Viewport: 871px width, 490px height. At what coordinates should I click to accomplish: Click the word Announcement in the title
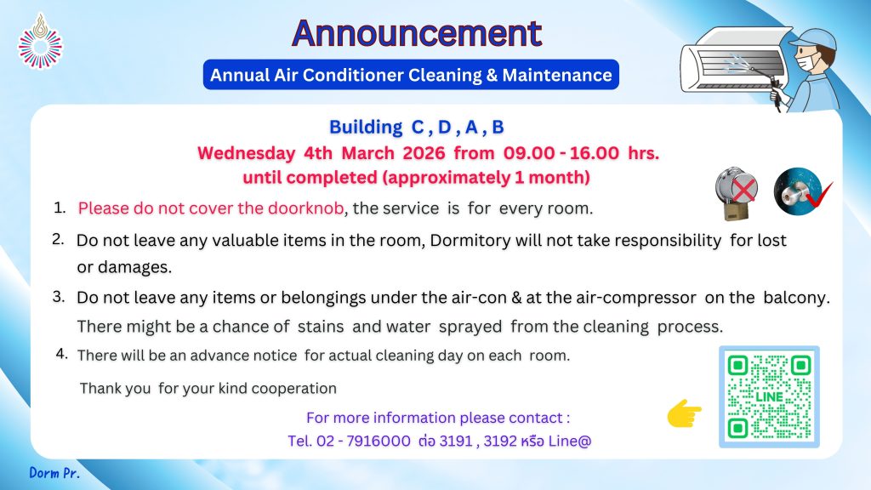[417, 33]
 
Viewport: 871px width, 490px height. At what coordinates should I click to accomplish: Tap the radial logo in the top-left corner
[40, 43]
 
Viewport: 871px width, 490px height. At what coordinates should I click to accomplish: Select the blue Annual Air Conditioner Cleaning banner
[411, 75]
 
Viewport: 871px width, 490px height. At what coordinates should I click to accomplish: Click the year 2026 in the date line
[424, 153]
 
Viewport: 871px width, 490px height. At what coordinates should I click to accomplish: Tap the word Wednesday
[246, 153]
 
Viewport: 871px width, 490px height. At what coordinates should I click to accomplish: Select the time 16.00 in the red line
[594, 153]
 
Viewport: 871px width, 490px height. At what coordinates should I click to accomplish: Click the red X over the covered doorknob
[743, 189]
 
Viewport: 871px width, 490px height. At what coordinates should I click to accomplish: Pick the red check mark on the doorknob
[818, 195]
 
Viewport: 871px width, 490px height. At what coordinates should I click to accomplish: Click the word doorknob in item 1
[305, 208]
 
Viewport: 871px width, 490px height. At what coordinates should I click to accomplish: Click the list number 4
[61, 353]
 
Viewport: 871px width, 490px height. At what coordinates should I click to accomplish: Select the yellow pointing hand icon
[685, 413]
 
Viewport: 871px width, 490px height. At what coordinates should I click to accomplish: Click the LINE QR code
[769, 396]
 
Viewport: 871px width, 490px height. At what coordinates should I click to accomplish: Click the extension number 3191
[456, 442]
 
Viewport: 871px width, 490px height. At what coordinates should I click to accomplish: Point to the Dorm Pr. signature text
[54, 473]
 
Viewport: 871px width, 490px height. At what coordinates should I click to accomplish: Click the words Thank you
[115, 388]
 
